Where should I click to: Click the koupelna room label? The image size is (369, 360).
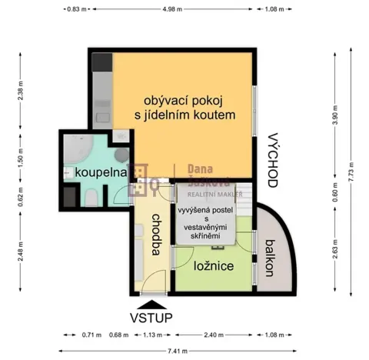(100, 173)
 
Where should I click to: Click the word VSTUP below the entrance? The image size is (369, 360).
(150, 317)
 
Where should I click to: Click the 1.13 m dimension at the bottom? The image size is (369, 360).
(151, 335)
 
